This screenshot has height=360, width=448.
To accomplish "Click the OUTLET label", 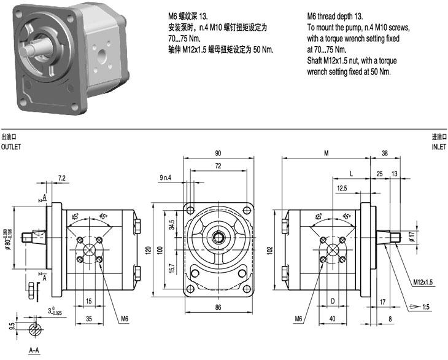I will (10, 147).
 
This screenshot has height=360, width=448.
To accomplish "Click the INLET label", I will (438, 147).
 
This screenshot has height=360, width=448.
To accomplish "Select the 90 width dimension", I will (218, 153).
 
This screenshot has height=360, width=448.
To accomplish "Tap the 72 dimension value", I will (218, 166).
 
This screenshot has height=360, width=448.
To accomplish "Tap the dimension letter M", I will (326, 153).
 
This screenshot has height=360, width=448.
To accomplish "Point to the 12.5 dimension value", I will (342, 188).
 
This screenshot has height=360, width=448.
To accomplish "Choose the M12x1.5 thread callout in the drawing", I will (423, 281).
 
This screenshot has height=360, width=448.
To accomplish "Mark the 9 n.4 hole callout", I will (166, 178).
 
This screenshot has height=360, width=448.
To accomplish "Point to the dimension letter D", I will (332, 302).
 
